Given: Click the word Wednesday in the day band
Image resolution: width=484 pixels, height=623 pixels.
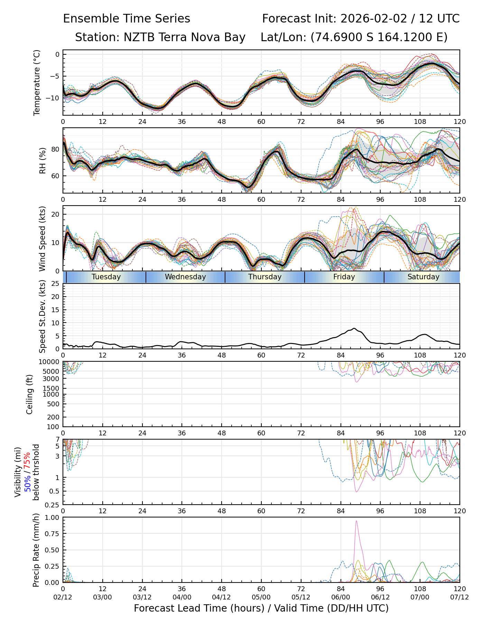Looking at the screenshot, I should (x=185, y=277).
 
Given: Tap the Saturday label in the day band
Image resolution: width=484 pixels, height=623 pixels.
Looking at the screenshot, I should (x=423, y=277).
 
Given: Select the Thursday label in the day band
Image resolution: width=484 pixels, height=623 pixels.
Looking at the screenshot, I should (x=265, y=277).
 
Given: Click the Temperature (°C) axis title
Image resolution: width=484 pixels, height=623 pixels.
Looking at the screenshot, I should (x=37, y=82).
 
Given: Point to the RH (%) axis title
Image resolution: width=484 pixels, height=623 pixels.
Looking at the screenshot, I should (x=43, y=161).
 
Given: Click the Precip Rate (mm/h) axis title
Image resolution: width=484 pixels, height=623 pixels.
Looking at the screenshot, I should (x=36, y=550).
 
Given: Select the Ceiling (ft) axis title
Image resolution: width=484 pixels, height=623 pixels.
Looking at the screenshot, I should (x=30, y=394).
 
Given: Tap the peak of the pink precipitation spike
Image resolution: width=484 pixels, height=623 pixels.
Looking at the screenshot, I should (x=356, y=521).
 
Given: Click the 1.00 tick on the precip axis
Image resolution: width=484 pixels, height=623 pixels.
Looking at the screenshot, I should (x=52, y=517).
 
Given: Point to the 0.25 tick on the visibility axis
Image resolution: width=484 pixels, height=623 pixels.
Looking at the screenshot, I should (x=54, y=504).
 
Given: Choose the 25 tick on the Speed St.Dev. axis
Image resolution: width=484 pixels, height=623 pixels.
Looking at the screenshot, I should (x=55, y=284).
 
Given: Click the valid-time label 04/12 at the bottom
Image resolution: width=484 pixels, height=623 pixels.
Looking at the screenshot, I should (x=222, y=597).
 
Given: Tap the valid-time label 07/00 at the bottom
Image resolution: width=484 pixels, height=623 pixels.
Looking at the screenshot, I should (x=420, y=597).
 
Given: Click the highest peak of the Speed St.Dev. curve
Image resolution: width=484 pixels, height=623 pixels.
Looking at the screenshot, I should (x=354, y=328).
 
